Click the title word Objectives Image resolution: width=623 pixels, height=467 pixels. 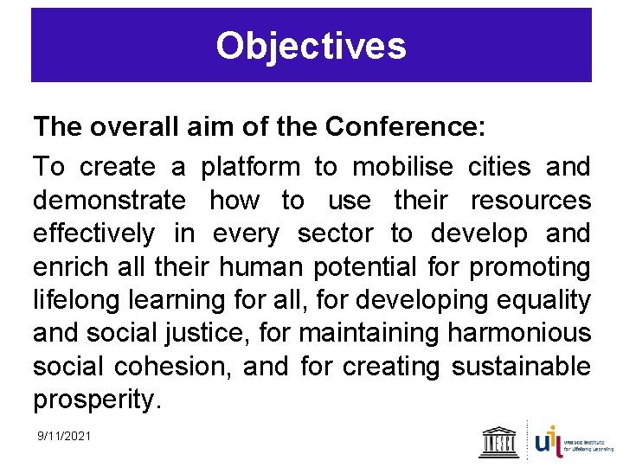(311, 46)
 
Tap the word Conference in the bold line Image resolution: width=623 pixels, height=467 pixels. (402, 128)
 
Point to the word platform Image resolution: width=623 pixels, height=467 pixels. (250, 166)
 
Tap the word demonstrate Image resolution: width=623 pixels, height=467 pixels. (109, 201)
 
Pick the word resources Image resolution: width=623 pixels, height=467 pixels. (530, 201)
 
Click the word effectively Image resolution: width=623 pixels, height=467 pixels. (94, 233)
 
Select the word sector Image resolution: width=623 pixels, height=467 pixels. (335, 233)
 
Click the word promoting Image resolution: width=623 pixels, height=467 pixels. (530, 267)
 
